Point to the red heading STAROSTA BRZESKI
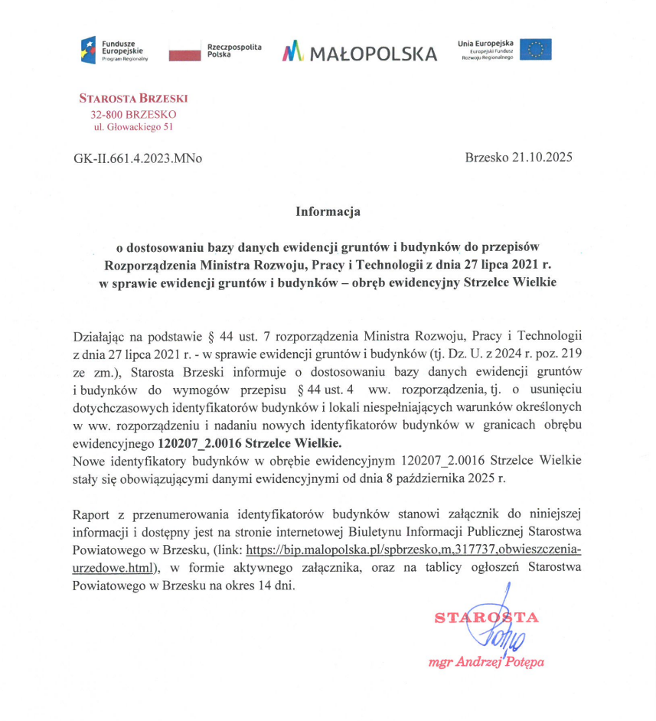[133, 98]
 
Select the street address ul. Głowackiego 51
[133, 127]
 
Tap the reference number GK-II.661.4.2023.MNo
[138, 158]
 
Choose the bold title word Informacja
[328, 211]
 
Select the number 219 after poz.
[572, 354]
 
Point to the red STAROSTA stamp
[486, 618]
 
